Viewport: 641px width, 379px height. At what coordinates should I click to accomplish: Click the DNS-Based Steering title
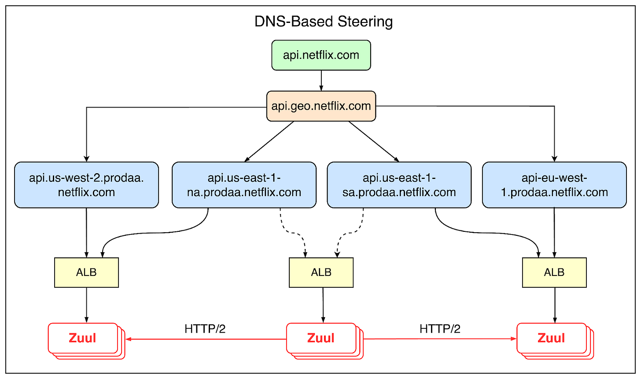[x=324, y=22]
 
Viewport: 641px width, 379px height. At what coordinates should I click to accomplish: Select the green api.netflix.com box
[x=321, y=55]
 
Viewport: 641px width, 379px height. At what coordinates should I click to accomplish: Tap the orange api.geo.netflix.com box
[x=321, y=106]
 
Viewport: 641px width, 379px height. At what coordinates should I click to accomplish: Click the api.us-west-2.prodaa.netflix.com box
[x=86, y=185]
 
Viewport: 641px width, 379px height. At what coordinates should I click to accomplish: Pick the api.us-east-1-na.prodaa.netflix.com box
[x=244, y=185]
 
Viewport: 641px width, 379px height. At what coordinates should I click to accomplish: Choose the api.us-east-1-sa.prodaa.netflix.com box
[x=399, y=185]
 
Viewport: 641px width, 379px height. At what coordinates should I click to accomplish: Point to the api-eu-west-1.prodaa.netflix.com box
[x=554, y=185]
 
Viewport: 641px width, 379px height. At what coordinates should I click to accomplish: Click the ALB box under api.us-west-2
[x=86, y=272]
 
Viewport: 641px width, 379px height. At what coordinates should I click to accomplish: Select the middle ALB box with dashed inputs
[x=321, y=272]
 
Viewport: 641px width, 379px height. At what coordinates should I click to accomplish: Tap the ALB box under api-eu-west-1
[x=554, y=272]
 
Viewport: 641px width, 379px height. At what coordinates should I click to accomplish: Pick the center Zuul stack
[x=321, y=338]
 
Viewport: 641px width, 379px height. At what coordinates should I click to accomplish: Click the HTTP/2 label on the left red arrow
[x=205, y=329]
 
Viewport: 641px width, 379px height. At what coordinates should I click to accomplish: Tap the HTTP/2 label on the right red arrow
[x=440, y=329]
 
